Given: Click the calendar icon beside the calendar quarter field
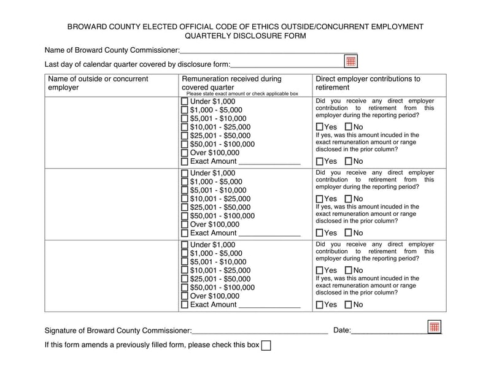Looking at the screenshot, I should click(x=350, y=61).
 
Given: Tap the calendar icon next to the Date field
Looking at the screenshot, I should click(x=434, y=326).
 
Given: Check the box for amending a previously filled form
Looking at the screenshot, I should click(x=266, y=345).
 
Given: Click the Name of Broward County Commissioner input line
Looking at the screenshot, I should click(x=268, y=50).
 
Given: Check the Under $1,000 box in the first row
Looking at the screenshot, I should click(x=185, y=102).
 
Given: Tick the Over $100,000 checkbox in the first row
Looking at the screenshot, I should click(x=185, y=153).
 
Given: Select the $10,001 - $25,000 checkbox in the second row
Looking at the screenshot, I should click(x=185, y=199).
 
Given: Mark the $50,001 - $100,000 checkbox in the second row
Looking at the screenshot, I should click(x=185, y=216).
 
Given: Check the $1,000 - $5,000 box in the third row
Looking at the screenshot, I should click(x=185, y=253).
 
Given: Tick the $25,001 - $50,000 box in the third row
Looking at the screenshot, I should click(x=185, y=278).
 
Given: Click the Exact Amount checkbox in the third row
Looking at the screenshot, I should click(x=185, y=305).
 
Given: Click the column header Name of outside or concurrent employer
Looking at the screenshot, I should click(x=98, y=83).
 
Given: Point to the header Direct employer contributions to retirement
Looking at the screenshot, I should click(x=368, y=83).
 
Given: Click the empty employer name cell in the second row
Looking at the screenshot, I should click(x=111, y=202).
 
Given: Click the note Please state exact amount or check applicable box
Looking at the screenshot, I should click(x=242, y=94).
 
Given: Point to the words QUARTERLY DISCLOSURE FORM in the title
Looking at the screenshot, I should click(x=245, y=36).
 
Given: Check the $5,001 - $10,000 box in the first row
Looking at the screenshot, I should click(x=185, y=118).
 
